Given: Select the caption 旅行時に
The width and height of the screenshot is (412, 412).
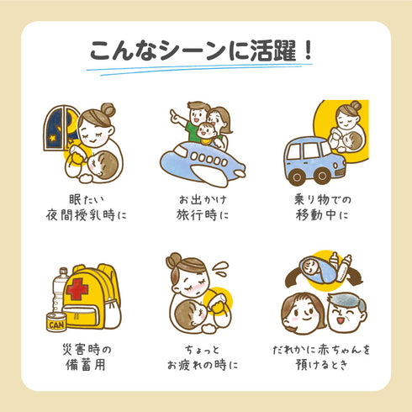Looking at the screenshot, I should click(x=204, y=214).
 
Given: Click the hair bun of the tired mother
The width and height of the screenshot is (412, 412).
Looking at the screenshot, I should click(x=175, y=259).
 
